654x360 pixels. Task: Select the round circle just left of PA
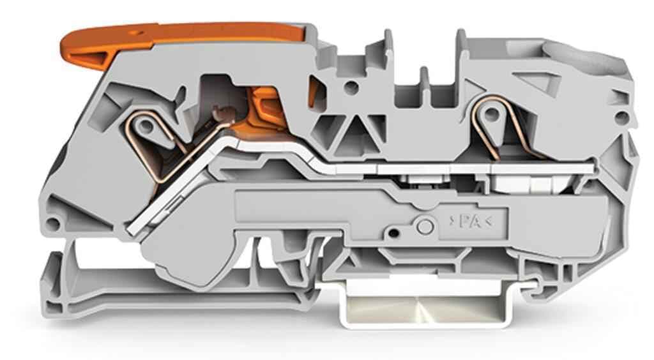[x=425, y=226]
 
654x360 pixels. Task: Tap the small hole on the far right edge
[x=621, y=118]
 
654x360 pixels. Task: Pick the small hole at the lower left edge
[x=53, y=224]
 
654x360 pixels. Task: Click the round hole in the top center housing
[x=352, y=87]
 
